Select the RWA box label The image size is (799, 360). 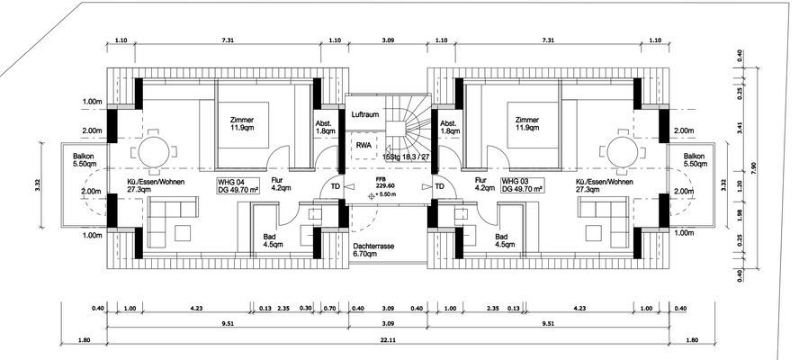pyautogui.click(x=364, y=144)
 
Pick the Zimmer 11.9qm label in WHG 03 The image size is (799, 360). pyautogui.click(x=527, y=124)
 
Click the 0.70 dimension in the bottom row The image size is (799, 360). pyautogui.click(x=328, y=310)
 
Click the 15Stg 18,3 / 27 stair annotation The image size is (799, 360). pyautogui.click(x=402, y=158)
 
